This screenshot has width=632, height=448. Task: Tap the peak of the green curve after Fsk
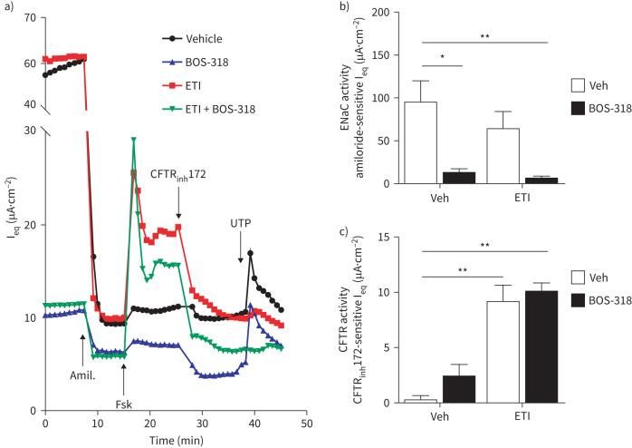134,140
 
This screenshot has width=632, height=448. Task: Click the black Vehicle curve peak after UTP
250,253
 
